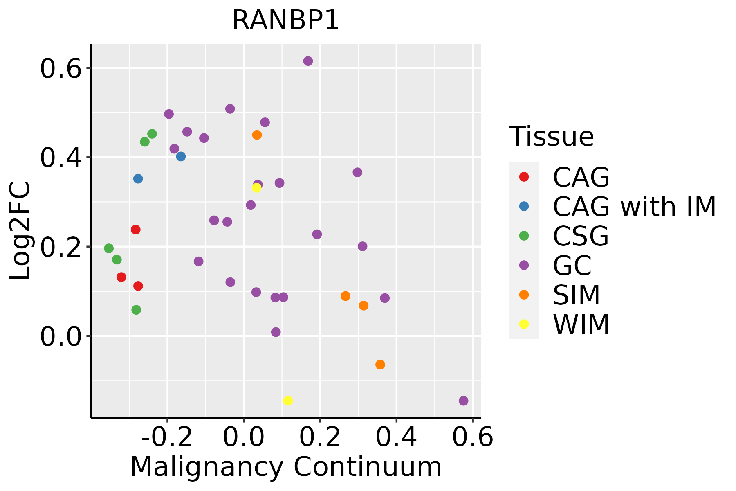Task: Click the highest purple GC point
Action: (308, 61)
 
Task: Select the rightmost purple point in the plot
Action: (463, 401)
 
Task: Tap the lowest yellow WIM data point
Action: (288, 401)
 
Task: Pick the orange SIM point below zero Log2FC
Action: (380, 365)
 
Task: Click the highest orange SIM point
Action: (257, 135)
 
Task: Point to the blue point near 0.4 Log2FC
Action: (181, 156)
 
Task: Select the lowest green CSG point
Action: (136, 310)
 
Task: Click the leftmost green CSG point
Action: (109, 248)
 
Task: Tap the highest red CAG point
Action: (136, 230)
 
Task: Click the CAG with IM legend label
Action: (634, 207)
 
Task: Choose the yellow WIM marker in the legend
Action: (524, 324)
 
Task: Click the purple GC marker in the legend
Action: (524, 265)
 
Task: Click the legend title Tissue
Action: (552, 137)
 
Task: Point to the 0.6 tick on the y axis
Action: (61, 68)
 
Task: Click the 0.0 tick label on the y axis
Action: (61, 337)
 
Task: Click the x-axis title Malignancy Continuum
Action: (285, 467)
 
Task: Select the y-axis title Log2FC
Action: (20, 231)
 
